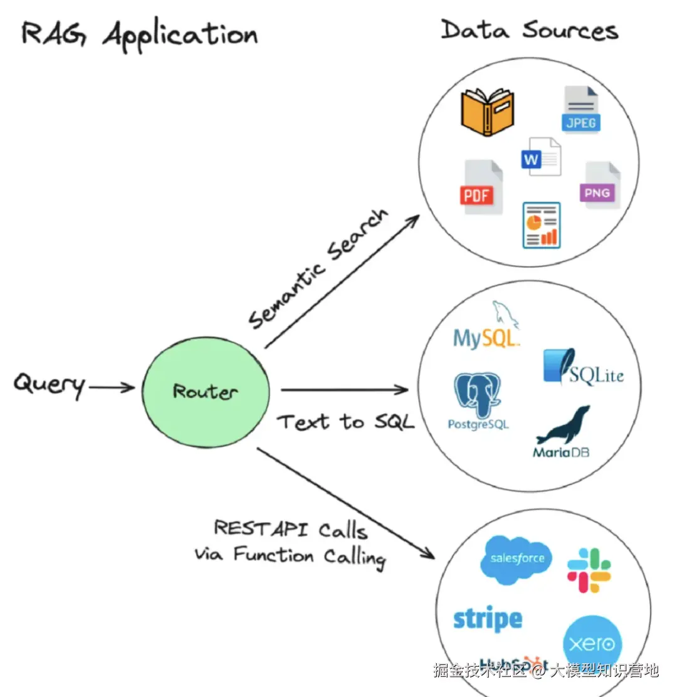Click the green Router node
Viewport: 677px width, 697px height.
tap(206, 391)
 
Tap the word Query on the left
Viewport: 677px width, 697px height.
tap(49, 384)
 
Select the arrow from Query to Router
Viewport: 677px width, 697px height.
tap(112, 387)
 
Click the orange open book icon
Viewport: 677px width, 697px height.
tap(487, 112)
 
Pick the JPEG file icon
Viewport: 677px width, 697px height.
tap(580, 110)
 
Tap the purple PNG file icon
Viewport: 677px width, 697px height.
tap(601, 186)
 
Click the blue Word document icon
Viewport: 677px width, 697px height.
tap(540, 157)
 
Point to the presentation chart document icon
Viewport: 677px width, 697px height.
tap(541, 224)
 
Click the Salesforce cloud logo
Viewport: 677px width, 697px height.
tap(517, 558)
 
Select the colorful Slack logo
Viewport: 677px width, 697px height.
tap(589, 570)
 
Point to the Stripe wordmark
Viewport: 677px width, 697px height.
tap(487, 619)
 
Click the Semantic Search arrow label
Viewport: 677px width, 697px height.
tap(318, 270)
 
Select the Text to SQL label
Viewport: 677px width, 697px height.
tap(345, 422)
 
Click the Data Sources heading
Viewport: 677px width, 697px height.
tap(529, 30)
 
